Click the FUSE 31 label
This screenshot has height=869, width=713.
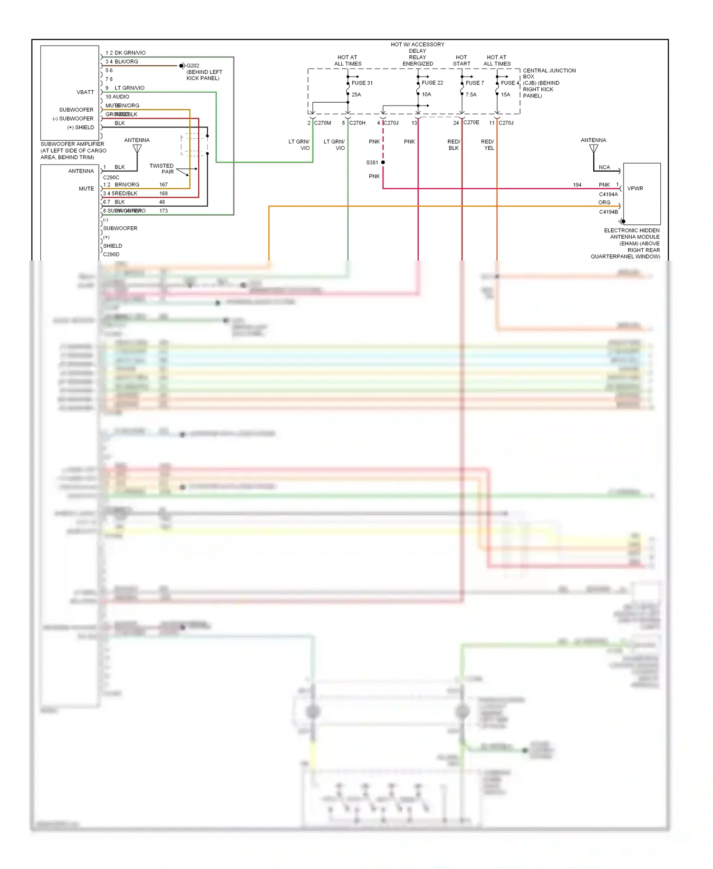click(x=362, y=83)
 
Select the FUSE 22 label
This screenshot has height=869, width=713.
click(x=432, y=83)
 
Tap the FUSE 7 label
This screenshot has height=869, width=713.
click(x=474, y=83)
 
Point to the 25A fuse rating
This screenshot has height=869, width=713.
click(x=356, y=95)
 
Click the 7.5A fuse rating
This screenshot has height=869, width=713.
click(x=471, y=95)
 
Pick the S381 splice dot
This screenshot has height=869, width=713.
click(x=383, y=163)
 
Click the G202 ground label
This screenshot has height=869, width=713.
click(x=193, y=66)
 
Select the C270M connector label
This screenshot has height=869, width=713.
click(x=322, y=123)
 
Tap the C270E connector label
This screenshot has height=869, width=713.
click(x=471, y=122)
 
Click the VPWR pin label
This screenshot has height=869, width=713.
click(x=635, y=188)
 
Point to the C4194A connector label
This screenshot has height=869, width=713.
click(x=608, y=194)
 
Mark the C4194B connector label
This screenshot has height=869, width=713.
click(x=608, y=212)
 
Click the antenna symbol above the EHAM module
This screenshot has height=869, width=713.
click(x=594, y=149)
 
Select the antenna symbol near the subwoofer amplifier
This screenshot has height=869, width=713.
click(x=137, y=149)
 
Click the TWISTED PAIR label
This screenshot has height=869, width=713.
click(x=162, y=169)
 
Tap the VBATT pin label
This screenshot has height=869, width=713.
click(x=85, y=92)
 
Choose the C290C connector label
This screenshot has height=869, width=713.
click(x=111, y=177)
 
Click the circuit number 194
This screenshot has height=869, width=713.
click(x=577, y=185)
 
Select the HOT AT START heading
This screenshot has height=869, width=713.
click(x=461, y=60)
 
